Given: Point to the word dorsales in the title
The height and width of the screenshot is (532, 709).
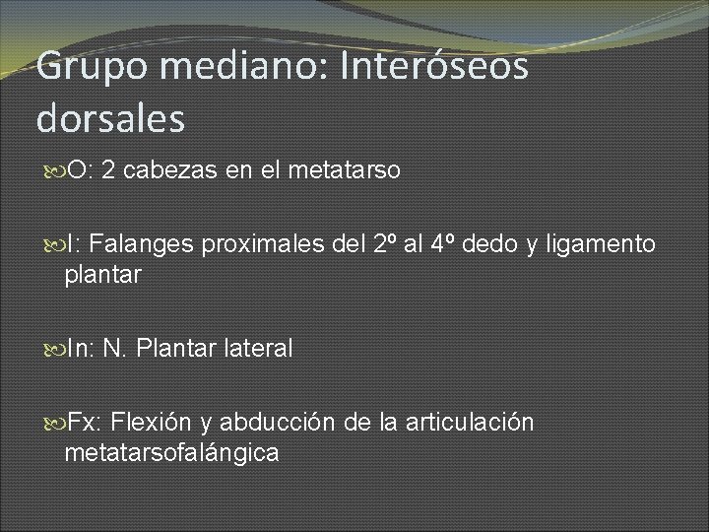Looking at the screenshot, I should click(x=110, y=119).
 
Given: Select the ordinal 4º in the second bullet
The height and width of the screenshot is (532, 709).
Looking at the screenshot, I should click(x=442, y=243).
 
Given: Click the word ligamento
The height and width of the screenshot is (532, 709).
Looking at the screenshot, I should click(x=602, y=244).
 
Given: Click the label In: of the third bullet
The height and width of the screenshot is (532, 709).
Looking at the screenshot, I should click(x=80, y=348).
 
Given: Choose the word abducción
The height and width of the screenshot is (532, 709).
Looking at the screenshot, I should click(x=279, y=423).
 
